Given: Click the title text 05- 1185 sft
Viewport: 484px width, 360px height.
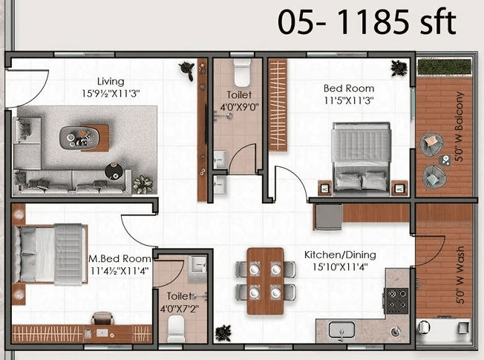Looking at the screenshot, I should pyautogui.click(x=367, y=22).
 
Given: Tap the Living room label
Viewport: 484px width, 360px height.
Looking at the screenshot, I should pyautogui.click(x=111, y=81).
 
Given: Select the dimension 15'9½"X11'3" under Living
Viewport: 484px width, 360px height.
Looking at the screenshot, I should pyautogui.click(x=111, y=94).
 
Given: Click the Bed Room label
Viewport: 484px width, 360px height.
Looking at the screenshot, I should pyautogui.click(x=349, y=88).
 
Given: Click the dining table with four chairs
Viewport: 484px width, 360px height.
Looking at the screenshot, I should pyautogui.click(x=265, y=281).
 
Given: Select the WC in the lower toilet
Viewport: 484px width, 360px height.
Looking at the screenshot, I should pyautogui.click(x=175, y=327).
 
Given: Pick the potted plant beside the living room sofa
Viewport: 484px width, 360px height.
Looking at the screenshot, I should pyautogui.click(x=143, y=183).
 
